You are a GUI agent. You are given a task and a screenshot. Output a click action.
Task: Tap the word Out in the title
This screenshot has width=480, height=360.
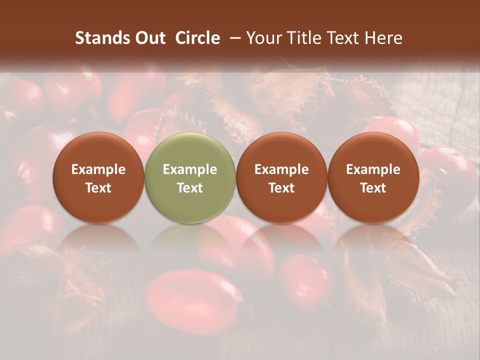coord(149,38)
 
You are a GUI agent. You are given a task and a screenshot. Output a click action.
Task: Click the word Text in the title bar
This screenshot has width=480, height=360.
coord(341,38)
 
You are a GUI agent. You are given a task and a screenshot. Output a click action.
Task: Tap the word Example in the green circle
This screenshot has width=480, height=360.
coord(190,170)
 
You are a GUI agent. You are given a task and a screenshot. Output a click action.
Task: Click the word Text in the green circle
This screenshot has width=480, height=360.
coord(190,188)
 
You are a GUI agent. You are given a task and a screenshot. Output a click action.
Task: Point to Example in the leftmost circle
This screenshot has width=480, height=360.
coord(98,170)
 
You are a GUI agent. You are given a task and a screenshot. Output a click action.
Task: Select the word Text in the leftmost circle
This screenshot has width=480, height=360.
coord(98,188)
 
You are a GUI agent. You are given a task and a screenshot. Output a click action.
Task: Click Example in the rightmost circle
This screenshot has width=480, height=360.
coord(373,170)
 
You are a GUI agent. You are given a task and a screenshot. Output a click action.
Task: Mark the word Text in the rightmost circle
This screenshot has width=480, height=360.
coord(373,188)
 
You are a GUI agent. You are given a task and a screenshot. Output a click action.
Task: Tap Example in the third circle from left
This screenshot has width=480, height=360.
coord(281,170)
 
